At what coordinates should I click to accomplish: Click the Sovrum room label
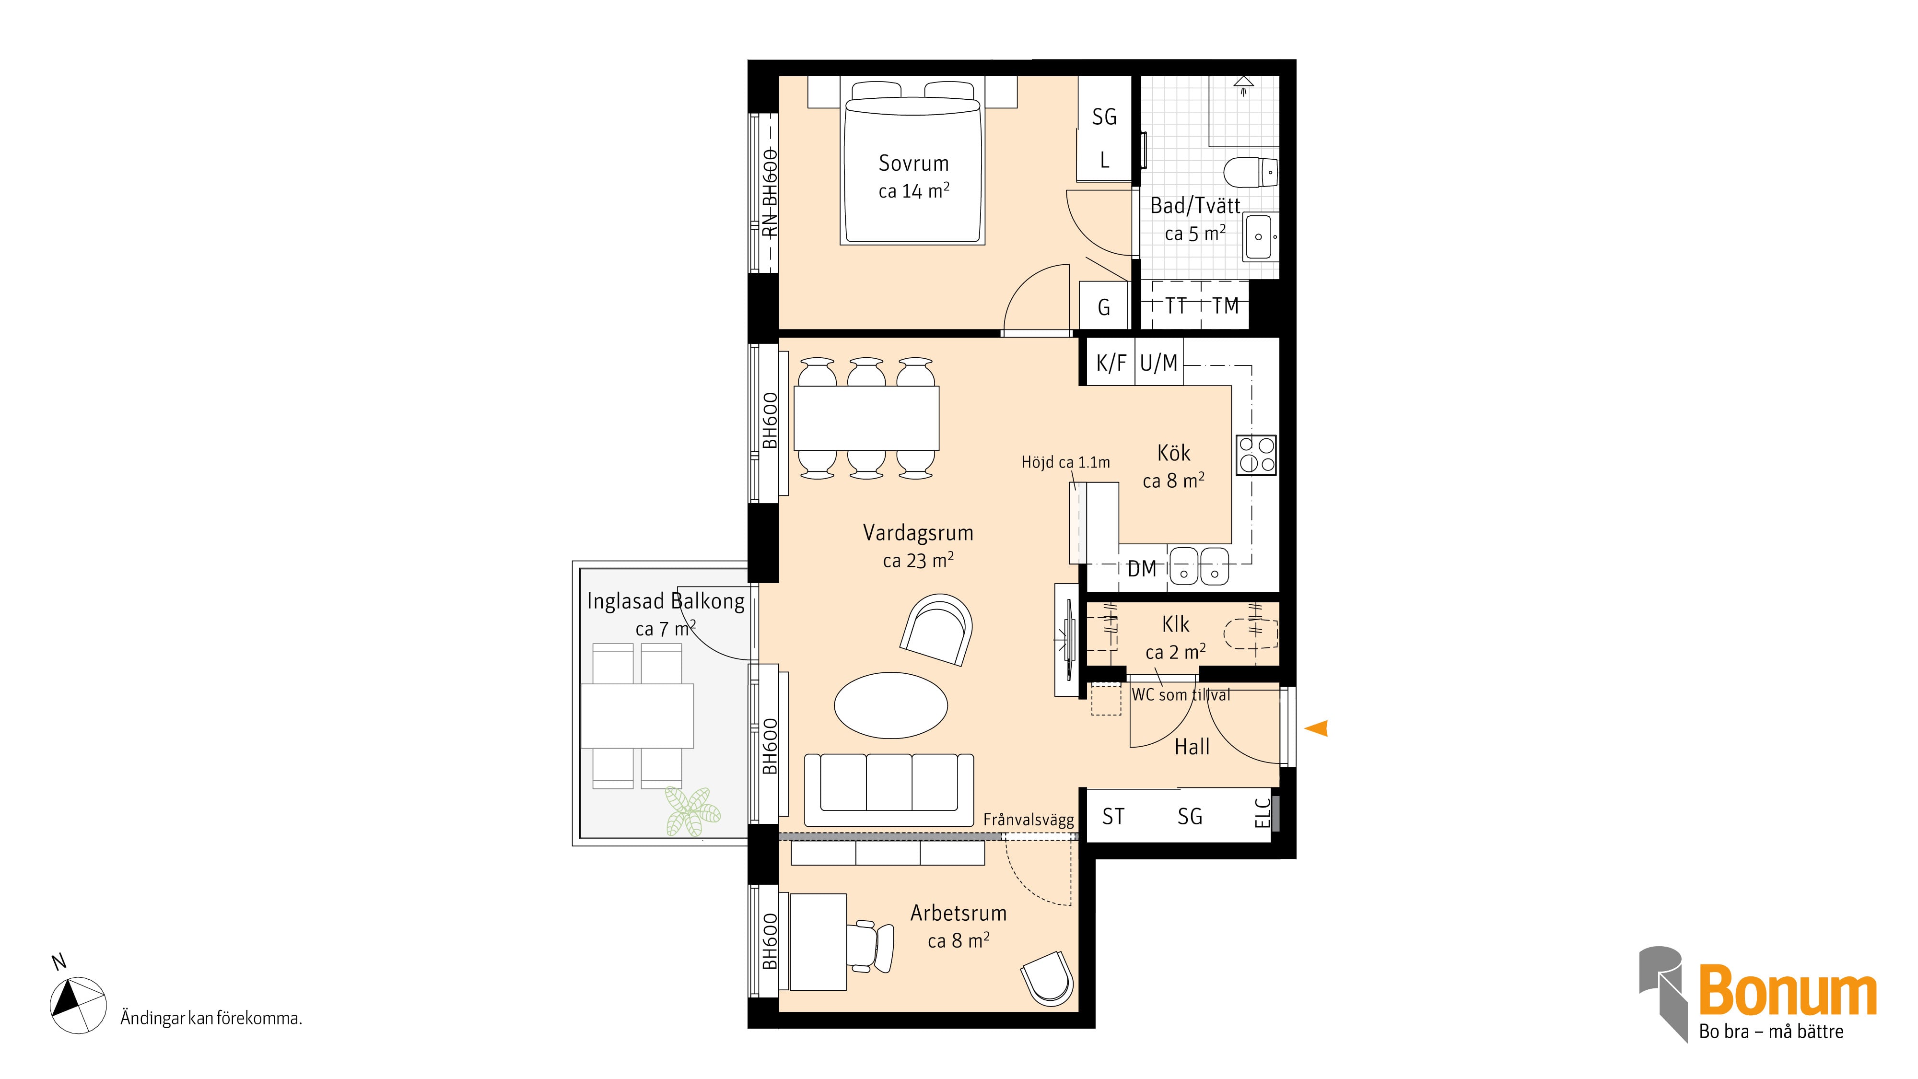click(x=913, y=163)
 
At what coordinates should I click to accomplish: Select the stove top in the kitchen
click(x=1256, y=455)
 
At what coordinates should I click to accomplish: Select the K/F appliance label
click(x=1111, y=364)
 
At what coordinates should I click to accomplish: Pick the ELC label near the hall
click(x=1261, y=814)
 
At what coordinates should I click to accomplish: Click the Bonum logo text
click(x=1787, y=990)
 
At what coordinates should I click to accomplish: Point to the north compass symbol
click(x=77, y=1005)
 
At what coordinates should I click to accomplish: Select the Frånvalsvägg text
click(x=1028, y=820)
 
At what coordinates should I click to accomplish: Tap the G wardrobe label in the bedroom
click(x=1104, y=307)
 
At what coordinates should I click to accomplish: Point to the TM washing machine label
click(x=1225, y=306)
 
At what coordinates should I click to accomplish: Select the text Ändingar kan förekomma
click(x=211, y=1019)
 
